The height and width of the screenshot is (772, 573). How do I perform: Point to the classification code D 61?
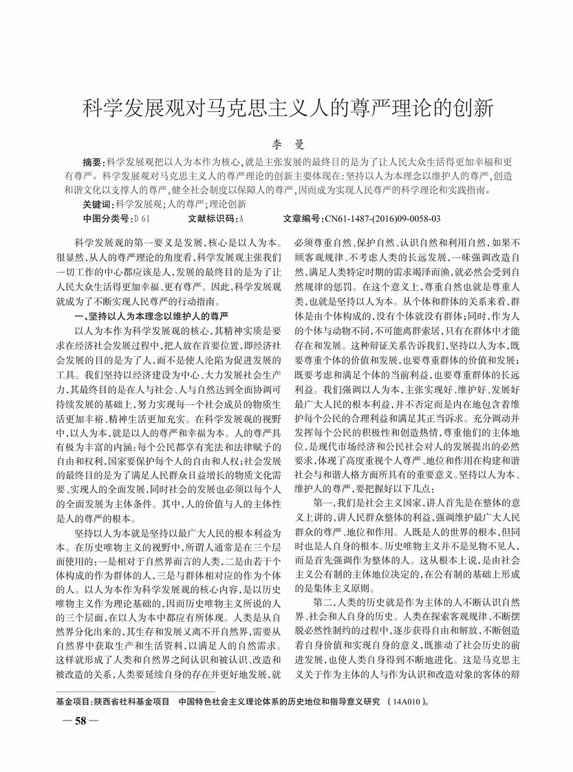pyautogui.click(x=141, y=219)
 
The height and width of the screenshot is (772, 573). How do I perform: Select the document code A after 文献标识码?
pyautogui.click(x=242, y=219)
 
